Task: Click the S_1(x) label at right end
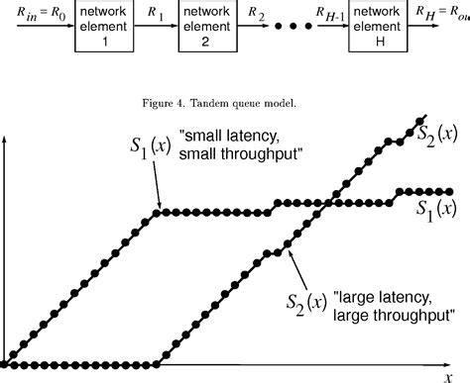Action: point(434,209)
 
